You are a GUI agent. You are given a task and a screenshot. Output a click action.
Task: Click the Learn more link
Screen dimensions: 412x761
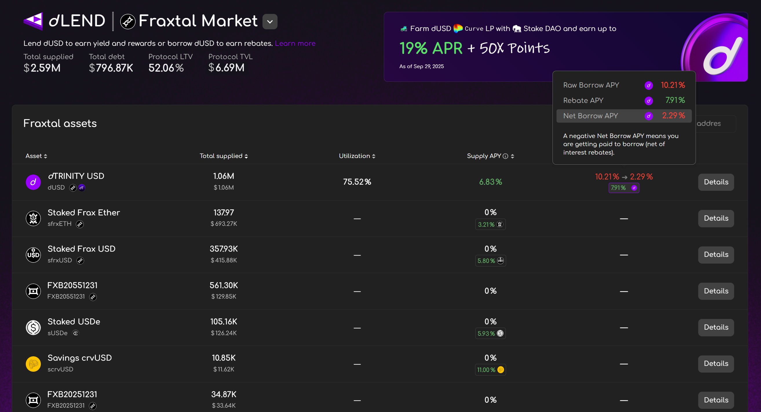click(x=295, y=43)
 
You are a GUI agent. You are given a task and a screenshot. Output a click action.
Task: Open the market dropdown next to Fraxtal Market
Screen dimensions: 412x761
click(x=270, y=21)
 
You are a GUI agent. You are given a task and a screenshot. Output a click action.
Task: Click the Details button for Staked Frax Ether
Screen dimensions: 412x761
click(x=716, y=218)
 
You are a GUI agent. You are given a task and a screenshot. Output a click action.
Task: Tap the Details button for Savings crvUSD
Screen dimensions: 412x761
click(x=716, y=364)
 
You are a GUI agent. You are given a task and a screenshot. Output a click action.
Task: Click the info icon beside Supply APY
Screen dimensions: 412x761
click(x=505, y=156)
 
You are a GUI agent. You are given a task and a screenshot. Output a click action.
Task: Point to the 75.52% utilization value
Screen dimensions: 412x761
click(x=357, y=182)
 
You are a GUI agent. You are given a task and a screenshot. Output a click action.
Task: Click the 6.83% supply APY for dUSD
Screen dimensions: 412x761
click(x=490, y=182)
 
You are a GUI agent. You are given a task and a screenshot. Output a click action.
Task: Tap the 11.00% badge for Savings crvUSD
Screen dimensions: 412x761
click(x=490, y=370)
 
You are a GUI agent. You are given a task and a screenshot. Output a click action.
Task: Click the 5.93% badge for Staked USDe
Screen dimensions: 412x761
click(x=490, y=333)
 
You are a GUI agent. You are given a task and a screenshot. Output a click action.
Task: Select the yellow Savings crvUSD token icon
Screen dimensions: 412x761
click(x=33, y=364)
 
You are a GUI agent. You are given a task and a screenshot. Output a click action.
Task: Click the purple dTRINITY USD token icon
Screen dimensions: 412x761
click(x=33, y=182)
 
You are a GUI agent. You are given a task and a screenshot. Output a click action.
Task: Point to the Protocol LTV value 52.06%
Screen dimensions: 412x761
click(x=166, y=68)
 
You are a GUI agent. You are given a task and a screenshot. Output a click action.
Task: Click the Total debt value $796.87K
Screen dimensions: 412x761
click(x=111, y=68)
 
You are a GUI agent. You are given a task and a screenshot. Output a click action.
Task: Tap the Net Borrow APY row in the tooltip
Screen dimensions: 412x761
click(x=624, y=116)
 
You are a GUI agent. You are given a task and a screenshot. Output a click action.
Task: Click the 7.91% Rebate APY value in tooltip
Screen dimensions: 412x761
click(x=675, y=100)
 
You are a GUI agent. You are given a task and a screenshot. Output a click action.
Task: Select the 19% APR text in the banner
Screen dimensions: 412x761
click(x=431, y=48)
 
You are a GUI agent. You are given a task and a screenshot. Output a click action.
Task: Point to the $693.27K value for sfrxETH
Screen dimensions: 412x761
click(x=224, y=224)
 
